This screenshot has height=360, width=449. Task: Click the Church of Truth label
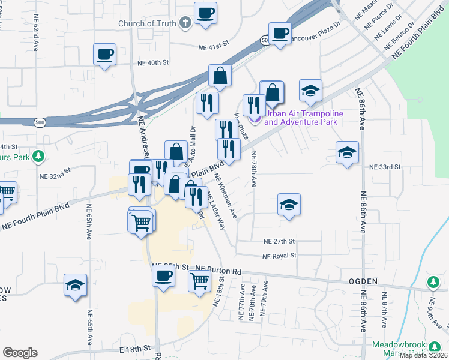coord(146,24)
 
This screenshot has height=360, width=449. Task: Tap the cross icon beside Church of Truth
coord(185,23)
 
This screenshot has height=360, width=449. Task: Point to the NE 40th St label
coord(153,62)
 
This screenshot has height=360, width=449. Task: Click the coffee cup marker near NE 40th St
coord(105,55)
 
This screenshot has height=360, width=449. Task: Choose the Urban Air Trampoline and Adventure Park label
coord(304,118)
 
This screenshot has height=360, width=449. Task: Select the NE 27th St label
coord(280,241)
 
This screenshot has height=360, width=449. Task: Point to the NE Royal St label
coord(280,256)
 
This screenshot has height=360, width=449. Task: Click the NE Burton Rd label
coord(218,271)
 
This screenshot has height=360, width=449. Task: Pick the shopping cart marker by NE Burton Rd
coord(199,280)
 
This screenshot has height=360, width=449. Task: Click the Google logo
coord(20,353)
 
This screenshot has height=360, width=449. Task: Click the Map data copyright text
coord(424,355)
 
